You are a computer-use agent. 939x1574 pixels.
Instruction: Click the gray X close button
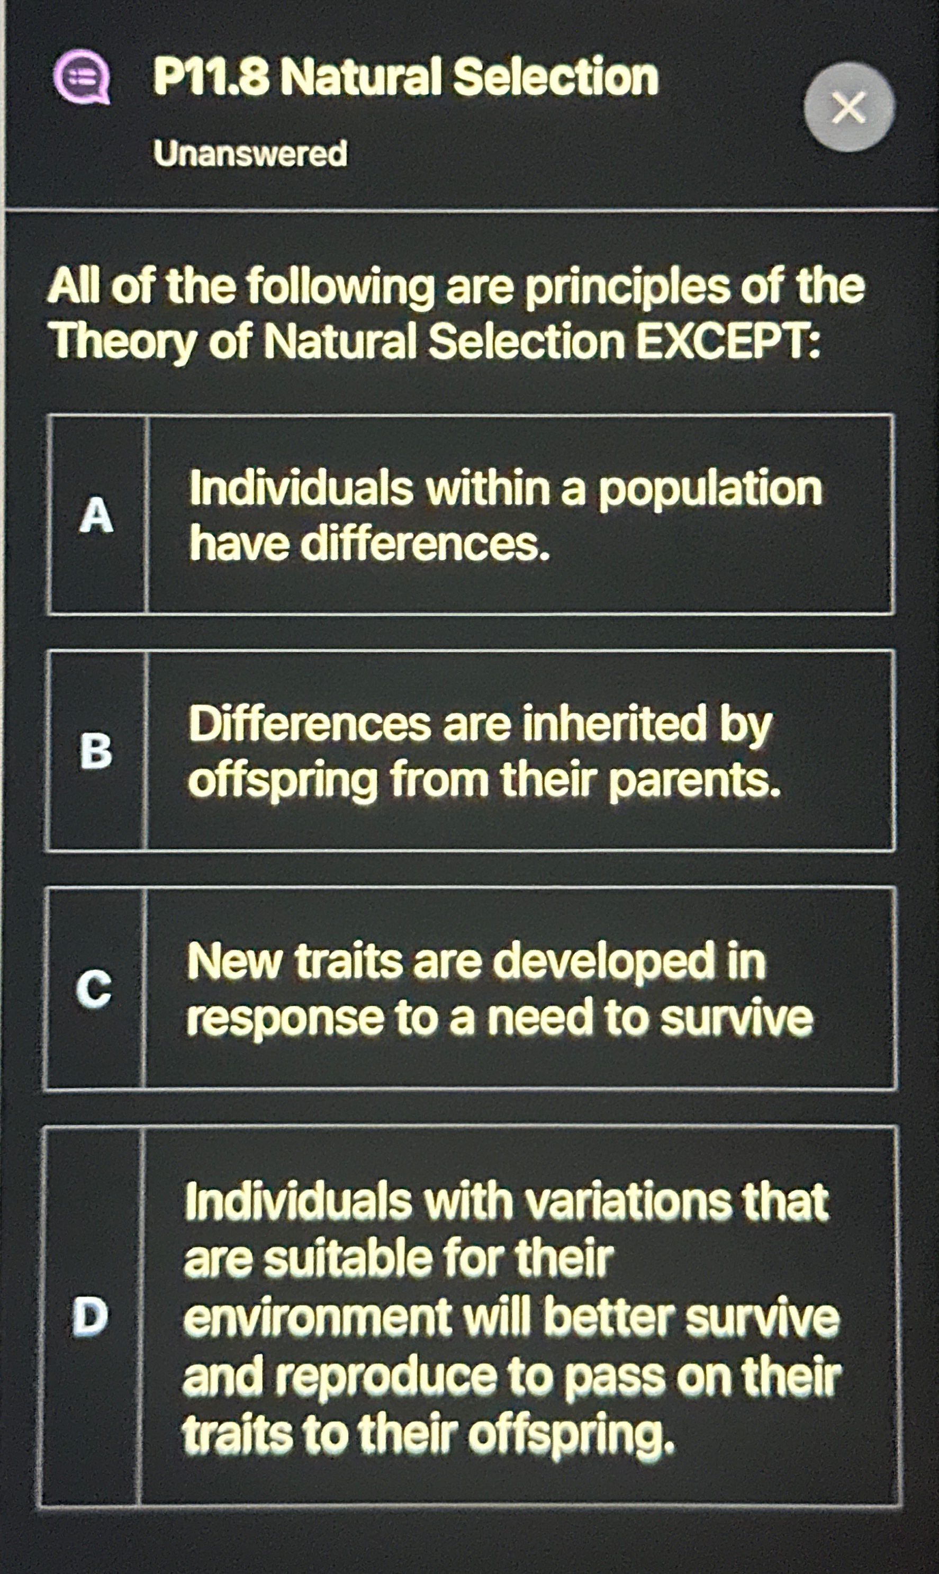pyautogui.click(x=848, y=107)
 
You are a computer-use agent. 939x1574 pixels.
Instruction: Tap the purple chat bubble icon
pyautogui.click(x=82, y=77)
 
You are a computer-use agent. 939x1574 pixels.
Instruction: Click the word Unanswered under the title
pyautogui.click(x=250, y=154)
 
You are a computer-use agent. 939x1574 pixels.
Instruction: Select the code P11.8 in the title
pyautogui.click(x=211, y=77)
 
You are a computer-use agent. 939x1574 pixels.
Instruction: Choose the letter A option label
pyautogui.click(x=97, y=515)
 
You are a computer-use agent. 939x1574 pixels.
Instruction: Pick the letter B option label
pyautogui.click(x=96, y=751)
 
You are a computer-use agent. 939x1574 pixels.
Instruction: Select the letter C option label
pyautogui.click(x=94, y=988)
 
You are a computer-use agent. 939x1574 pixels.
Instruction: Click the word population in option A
pyautogui.click(x=710, y=489)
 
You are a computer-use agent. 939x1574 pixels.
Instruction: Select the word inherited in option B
pyautogui.click(x=614, y=724)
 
